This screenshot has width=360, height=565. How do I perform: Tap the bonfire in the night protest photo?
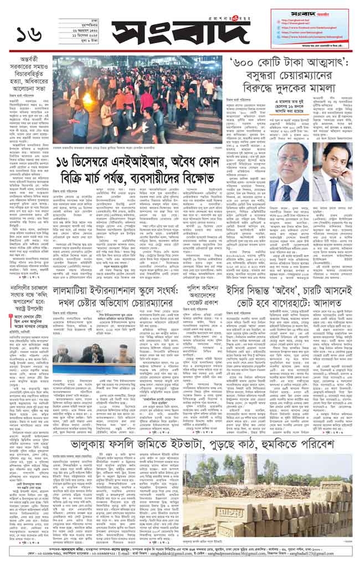88,101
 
